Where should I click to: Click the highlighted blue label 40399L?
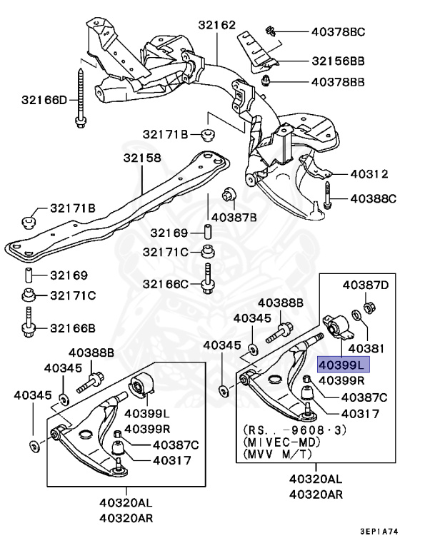(341, 365)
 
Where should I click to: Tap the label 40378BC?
(338, 31)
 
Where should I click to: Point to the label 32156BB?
(338, 61)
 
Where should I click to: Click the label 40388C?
(371, 198)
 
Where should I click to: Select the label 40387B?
(234, 216)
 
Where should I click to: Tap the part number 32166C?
(165, 284)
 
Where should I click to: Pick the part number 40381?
(364, 349)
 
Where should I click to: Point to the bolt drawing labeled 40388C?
(326, 196)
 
